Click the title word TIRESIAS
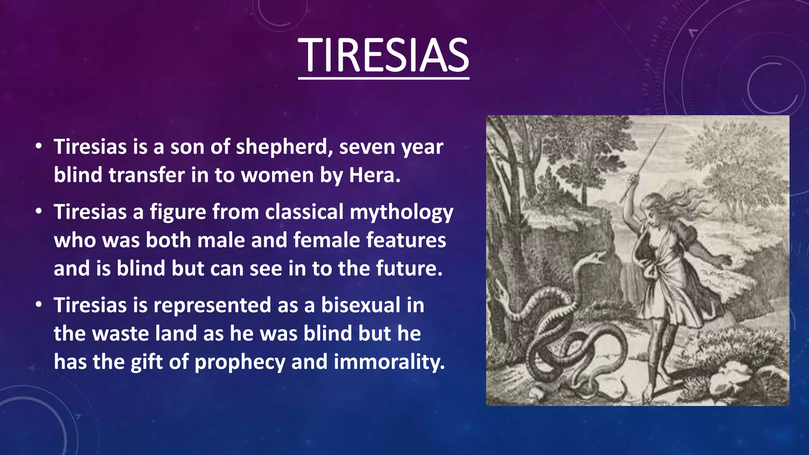[384, 56]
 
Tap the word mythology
[401, 212]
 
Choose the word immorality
[389, 362]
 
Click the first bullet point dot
[38, 147]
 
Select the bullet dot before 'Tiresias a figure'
[38, 212]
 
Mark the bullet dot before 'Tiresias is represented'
[38, 305]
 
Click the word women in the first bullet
[277, 175]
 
